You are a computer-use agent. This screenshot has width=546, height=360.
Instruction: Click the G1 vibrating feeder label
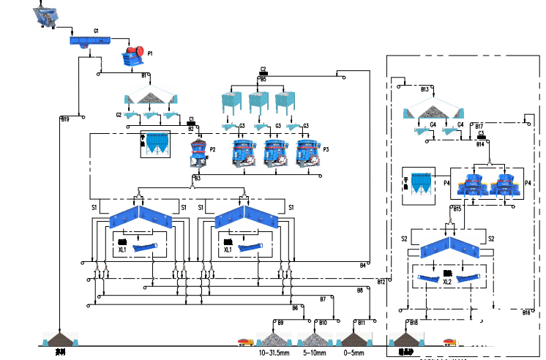coord(95,31)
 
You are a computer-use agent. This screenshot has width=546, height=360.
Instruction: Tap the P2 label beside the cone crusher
coord(212,149)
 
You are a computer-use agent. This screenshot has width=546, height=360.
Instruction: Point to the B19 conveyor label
coord(65,119)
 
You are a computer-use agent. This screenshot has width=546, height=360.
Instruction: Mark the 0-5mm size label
coord(354,353)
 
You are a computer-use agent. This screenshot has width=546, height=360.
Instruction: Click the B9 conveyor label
coord(279,322)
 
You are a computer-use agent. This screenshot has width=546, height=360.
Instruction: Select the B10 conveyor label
coord(323,322)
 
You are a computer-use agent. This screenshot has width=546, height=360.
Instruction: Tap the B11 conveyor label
coord(361,322)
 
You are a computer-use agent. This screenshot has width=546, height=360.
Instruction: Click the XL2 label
coord(446,282)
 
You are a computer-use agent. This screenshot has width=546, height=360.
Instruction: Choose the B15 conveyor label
coord(457,209)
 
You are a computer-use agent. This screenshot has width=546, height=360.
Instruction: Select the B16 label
coord(526,312)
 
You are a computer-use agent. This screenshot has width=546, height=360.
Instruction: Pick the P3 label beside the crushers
coord(326,149)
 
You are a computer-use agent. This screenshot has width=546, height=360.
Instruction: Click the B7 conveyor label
coord(323,299)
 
